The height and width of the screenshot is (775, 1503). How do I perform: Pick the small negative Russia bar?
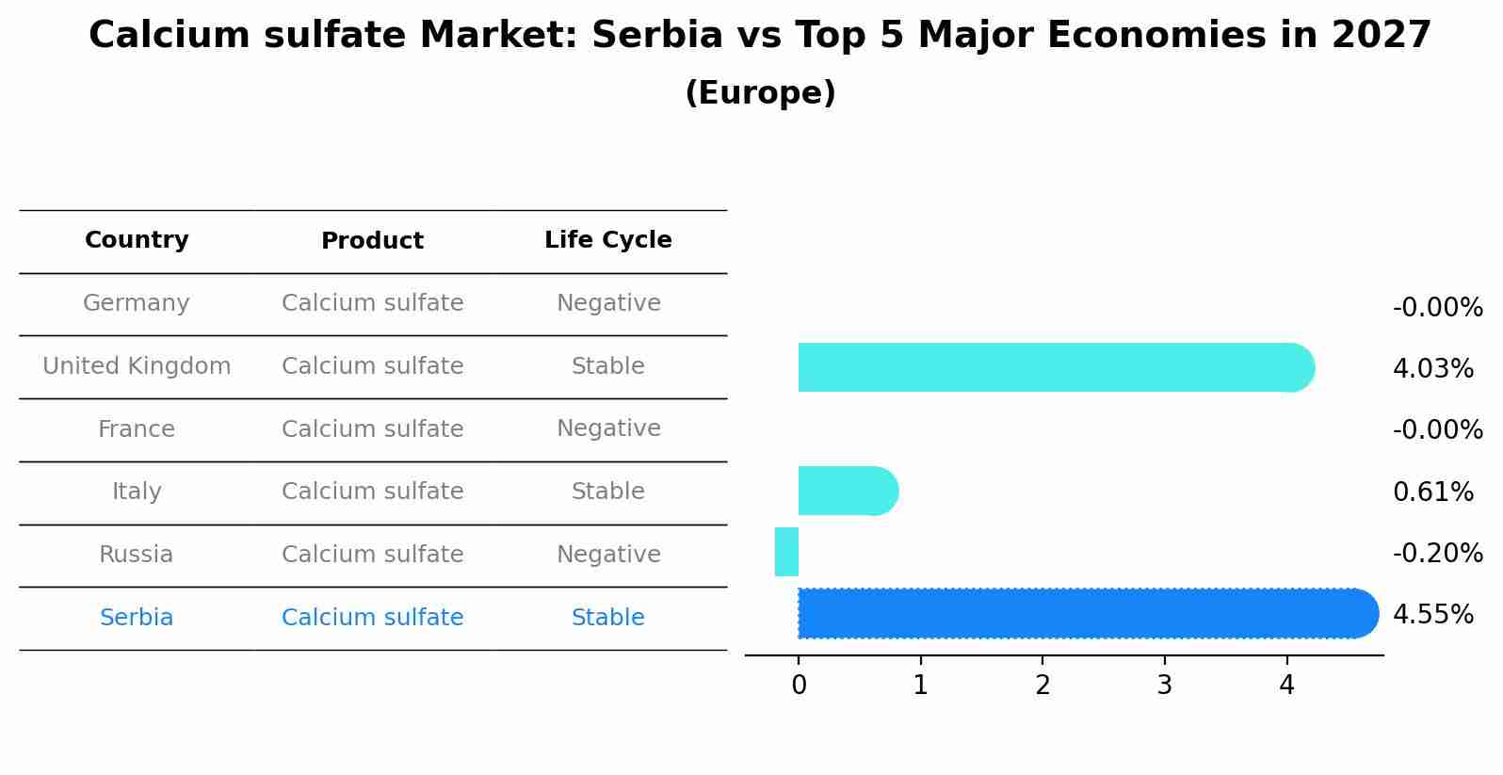pos(787,552)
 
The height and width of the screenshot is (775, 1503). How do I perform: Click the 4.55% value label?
pos(1432,615)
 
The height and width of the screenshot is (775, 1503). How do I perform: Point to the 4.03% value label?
pos(1432,369)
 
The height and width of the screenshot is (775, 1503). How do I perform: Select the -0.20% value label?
pos(1437,553)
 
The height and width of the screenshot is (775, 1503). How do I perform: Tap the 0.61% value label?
pos(1432,492)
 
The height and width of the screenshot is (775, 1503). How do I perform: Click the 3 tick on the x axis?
pos(1164,686)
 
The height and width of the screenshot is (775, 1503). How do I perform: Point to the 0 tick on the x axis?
pos(799,686)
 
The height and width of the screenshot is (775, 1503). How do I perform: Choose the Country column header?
pos(137,240)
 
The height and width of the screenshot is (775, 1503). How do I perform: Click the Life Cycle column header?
pos(608,240)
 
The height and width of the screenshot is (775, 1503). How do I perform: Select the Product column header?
pos(372,241)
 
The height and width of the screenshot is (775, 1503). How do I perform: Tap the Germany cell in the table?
pos(137,303)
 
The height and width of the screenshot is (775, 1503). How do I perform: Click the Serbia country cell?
pos(137,618)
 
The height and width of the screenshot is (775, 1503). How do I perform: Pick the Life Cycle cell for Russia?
pos(608,555)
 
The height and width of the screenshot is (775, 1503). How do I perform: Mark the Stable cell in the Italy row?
pos(608,492)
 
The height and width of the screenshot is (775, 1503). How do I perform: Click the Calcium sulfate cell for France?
pos(372,429)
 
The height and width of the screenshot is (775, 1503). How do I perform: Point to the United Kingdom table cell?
pos(137,366)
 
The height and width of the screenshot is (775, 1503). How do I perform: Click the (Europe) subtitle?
pos(760,93)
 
